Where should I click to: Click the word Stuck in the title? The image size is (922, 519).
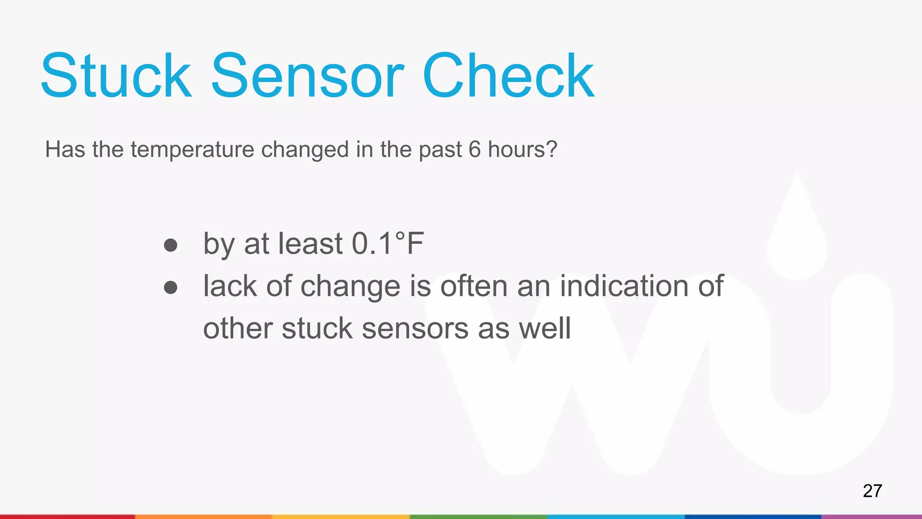click(116, 76)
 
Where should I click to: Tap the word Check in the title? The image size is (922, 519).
click(509, 76)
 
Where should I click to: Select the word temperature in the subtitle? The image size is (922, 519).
click(192, 150)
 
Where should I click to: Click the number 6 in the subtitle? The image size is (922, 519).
click(475, 150)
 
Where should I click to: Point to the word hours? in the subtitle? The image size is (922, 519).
click(523, 150)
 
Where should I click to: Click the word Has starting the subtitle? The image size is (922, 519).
click(65, 150)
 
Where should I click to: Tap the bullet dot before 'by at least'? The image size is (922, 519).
click(171, 245)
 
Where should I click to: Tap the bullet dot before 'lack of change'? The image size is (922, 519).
click(171, 287)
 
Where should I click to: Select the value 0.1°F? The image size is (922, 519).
click(388, 244)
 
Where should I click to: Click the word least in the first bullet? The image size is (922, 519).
click(311, 244)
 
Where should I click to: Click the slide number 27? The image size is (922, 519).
click(872, 491)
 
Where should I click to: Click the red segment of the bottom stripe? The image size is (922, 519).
click(68, 517)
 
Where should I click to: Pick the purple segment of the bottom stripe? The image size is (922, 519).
click(872, 517)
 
